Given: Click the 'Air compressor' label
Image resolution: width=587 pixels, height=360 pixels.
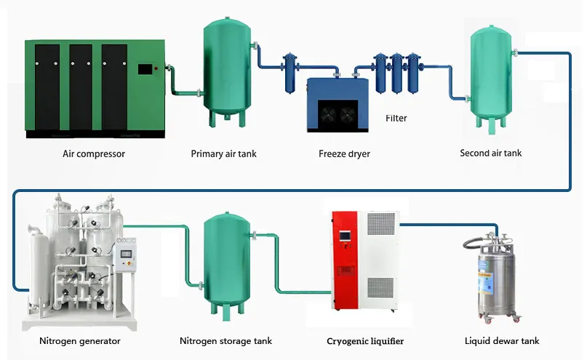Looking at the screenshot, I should [x=93, y=154].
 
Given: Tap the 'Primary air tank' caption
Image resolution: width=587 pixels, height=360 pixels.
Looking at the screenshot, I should [x=223, y=154].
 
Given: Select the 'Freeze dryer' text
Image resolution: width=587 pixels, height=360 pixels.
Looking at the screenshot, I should [x=344, y=154].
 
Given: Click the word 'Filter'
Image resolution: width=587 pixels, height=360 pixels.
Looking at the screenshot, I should [x=396, y=118].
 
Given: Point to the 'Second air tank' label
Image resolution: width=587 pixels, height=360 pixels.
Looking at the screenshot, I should [x=491, y=153].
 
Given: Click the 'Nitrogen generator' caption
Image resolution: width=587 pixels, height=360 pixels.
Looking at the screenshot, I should [x=80, y=340].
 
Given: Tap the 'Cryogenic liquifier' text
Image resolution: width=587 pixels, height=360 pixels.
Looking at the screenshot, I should [x=365, y=340].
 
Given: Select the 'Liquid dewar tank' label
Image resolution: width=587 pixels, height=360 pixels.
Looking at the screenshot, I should [x=502, y=340].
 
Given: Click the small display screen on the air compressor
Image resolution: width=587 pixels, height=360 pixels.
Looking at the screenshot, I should [x=145, y=70].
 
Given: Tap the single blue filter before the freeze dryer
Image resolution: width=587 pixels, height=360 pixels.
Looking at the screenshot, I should [x=290, y=72].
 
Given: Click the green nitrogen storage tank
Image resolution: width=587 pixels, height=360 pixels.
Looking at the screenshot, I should [x=227, y=262].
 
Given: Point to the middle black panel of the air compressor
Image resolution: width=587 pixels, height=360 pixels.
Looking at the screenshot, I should [x=81, y=86].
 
